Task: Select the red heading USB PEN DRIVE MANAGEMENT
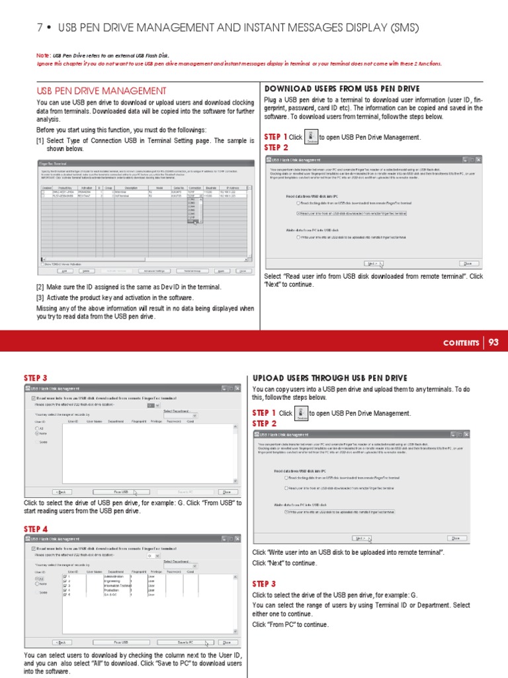click(101, 91)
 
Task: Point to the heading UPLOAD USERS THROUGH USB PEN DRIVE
click(330, 378)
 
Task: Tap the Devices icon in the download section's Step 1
click(314, 137)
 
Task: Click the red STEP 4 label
click(36, 529)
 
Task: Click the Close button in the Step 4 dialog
click(227, 642)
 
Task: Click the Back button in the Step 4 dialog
click(62, 642)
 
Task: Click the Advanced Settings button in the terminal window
click(158, 271)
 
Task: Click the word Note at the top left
click(42, 55)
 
